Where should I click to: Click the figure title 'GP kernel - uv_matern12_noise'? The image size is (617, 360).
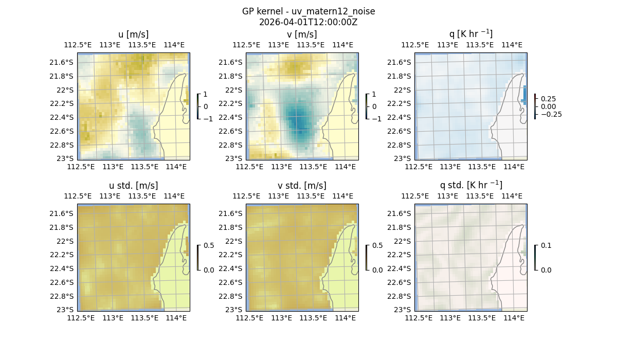click(308, 11)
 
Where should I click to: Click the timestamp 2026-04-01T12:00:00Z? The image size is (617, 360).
click(308, 22)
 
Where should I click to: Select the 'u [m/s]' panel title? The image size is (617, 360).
click(133, 34)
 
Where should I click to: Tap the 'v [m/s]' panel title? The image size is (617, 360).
click(302, 34)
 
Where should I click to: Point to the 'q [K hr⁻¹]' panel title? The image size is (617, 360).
click(470, 34)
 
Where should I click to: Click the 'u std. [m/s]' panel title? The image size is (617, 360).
click(133, 186)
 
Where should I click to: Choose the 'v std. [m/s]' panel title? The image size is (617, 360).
click(302, 186)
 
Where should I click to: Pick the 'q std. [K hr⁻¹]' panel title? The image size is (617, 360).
click(470, 185)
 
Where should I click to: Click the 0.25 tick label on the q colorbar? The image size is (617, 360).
click(548, 99)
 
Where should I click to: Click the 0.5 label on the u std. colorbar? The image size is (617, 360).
click(209, 246)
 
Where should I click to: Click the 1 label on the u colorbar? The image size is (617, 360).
click(206, 95)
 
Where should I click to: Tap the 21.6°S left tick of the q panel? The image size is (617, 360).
click(402, 62)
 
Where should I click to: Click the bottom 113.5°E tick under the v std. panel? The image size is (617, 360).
click(313, 318)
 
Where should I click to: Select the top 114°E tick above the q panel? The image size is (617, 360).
click(512, 45)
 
